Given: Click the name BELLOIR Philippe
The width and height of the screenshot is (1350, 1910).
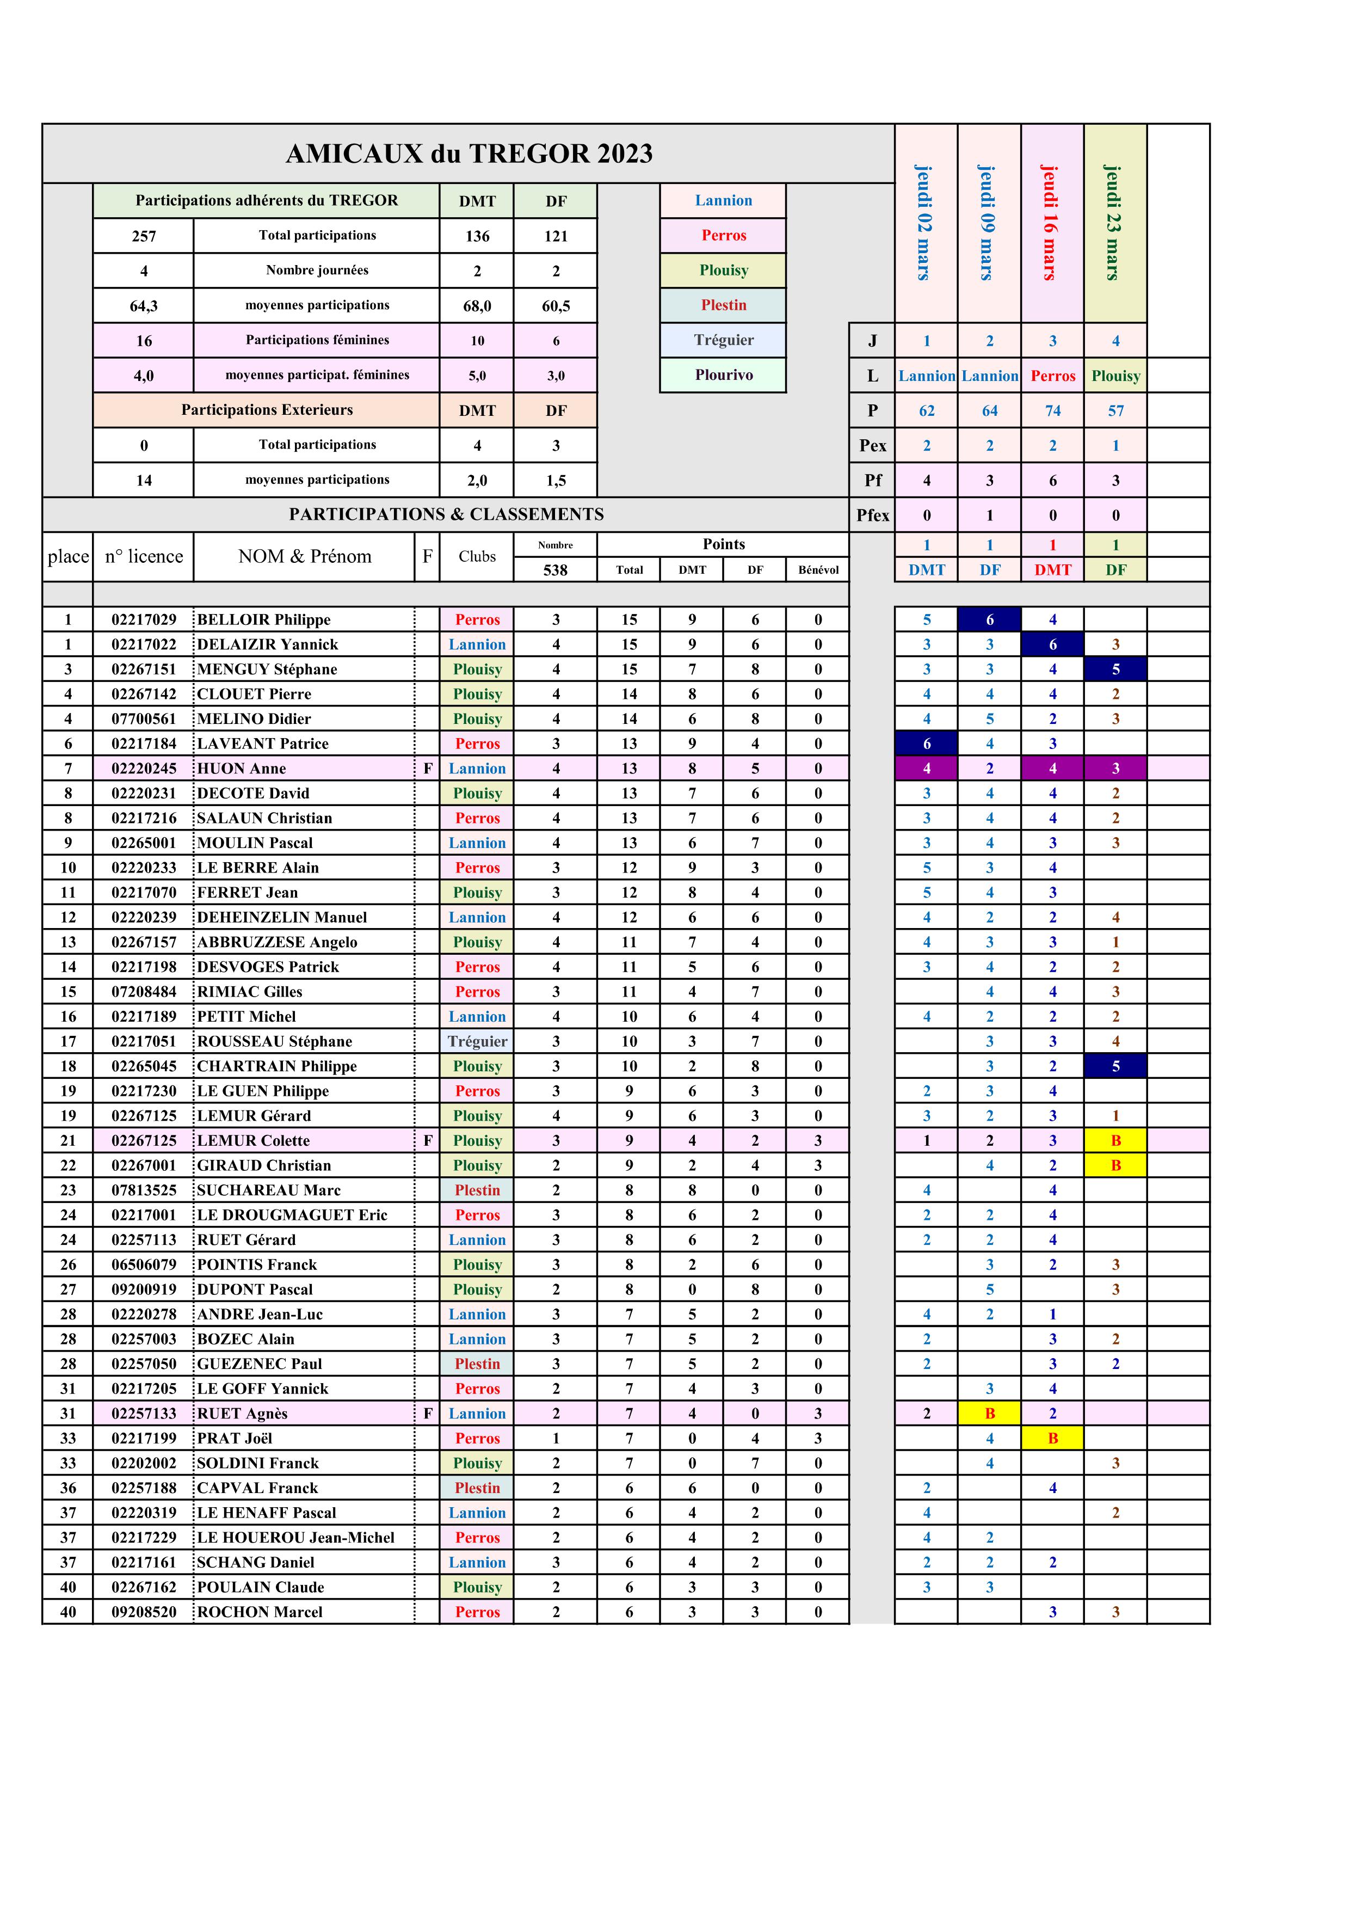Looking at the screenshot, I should coord(264,620).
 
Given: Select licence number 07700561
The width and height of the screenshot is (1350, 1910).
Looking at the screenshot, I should coord(144,718).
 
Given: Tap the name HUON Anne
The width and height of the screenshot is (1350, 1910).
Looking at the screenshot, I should coord(241,769).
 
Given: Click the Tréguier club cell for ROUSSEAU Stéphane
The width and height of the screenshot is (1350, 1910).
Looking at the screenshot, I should coord(477,1041).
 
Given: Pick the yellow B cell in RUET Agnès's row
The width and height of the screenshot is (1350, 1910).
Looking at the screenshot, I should coord(989,1414).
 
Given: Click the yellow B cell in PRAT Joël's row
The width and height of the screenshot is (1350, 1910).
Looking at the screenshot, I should coord(1052,1438).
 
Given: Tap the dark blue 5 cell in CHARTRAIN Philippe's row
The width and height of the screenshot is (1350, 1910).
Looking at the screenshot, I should coord(1115,1066).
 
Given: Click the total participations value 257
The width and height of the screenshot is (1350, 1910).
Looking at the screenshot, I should coord(144,236).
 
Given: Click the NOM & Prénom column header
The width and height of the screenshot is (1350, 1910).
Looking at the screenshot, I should coord(304,556).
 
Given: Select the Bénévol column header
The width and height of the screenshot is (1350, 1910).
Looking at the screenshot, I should coord(818,570).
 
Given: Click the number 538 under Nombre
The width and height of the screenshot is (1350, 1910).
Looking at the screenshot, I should coord(555,570).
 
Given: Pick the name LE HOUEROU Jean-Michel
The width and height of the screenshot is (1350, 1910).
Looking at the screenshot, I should coord(295,1537).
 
